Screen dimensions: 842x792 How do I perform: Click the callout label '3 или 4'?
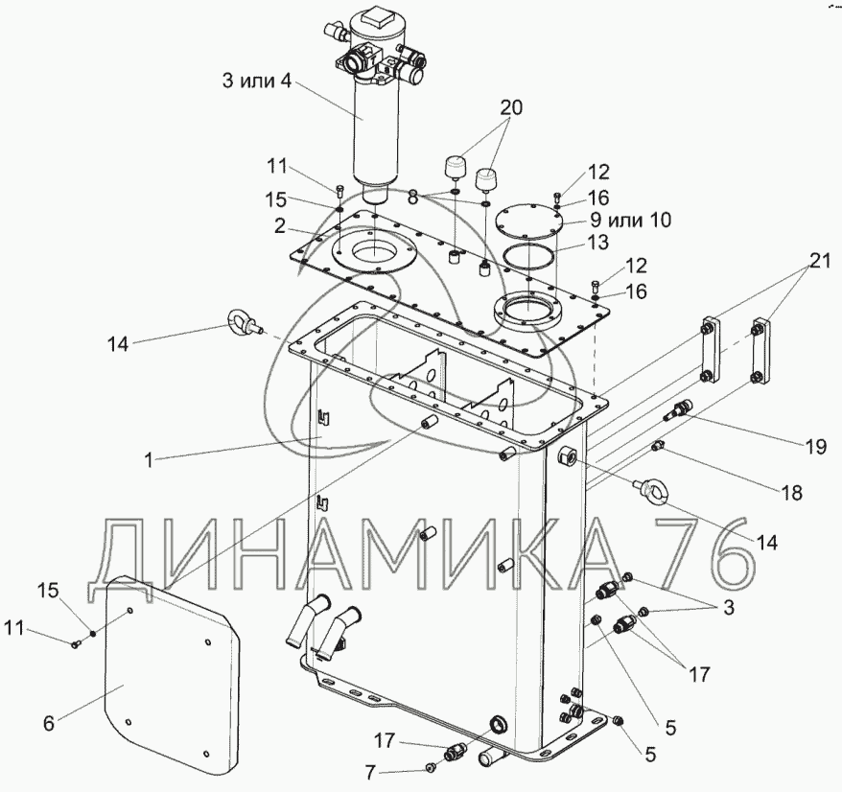(x=257, y=82)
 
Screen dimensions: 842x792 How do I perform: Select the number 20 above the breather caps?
(x=511, y=108)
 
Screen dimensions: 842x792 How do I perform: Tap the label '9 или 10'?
(x=630, y=220)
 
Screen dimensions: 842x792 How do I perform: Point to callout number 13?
(x=597, y=243)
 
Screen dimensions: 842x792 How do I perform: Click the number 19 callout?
(x=815, y=446)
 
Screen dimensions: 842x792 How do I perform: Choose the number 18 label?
(x=791, y=493)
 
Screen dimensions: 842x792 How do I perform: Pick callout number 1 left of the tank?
(x=149, y=459)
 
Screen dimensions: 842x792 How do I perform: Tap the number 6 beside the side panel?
(x=49, y=723)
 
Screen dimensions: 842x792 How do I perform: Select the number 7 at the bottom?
(x=369, y=773)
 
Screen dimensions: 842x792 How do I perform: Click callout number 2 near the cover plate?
(x=279, y=226)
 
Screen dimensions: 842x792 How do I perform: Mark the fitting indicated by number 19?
(x=679, y=409)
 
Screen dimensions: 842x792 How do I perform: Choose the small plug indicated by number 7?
(x=431, y=768)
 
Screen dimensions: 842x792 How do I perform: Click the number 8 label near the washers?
(x=412, y=198)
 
